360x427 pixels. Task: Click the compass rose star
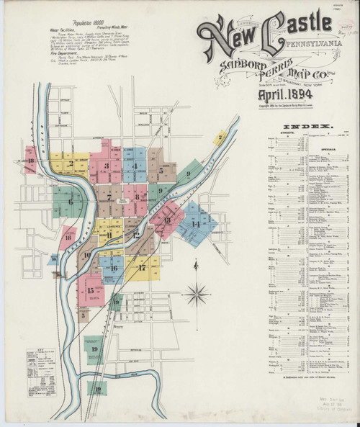click(x=194, y=292)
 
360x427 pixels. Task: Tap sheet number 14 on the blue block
click(x=195, y=225)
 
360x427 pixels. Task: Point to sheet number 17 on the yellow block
click(x=142, y=267)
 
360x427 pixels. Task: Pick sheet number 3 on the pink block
click(x=107, y=166)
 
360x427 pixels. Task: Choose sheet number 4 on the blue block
click(x=135, y=166)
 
